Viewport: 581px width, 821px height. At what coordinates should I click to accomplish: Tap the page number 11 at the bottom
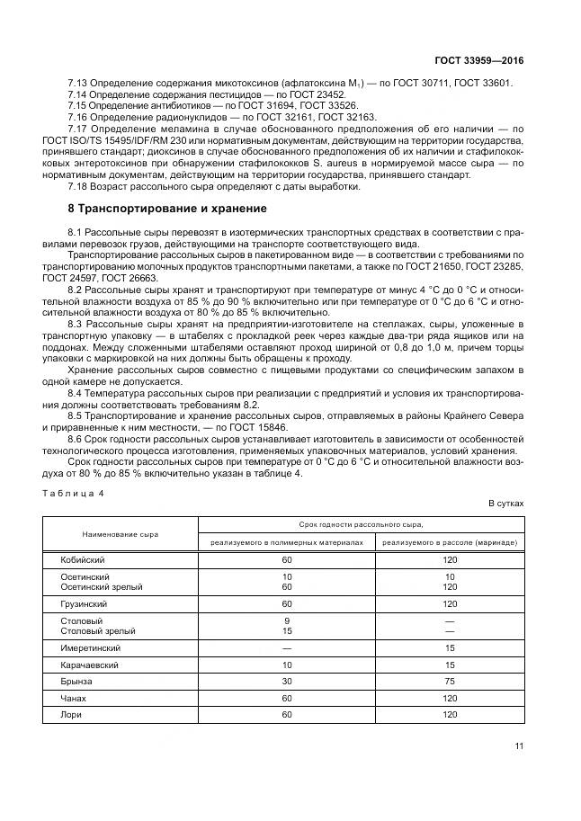coord(519,745)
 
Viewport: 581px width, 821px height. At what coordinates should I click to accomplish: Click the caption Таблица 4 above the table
coord(76,494)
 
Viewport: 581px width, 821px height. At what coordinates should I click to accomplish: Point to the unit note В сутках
coord(505,504)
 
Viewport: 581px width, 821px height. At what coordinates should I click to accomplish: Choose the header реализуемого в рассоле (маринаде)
coord(450,543)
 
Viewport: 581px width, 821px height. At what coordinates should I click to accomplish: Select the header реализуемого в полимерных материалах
coord(287,543)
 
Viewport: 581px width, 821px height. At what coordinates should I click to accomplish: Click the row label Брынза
coord(76,682)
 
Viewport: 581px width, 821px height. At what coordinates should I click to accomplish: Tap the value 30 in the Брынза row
coord(287,682)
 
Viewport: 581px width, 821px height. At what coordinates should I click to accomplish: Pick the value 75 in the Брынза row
coord(450,682)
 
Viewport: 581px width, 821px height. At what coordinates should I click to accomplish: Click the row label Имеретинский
coord(90,647)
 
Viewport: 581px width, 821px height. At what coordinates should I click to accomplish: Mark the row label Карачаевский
coord(89,665)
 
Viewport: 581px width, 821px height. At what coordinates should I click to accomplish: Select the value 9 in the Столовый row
coord(287,620)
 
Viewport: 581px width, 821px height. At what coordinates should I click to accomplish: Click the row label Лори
coord(71,715)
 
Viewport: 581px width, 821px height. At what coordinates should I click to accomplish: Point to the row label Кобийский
coord(84,558)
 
